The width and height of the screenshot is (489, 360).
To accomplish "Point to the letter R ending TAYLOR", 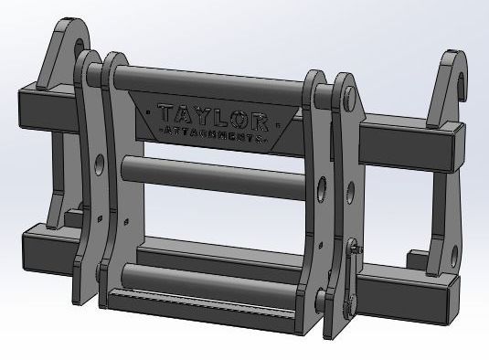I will coord(258,120).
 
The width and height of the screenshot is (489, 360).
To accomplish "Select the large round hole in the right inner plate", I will coord(322,191).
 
